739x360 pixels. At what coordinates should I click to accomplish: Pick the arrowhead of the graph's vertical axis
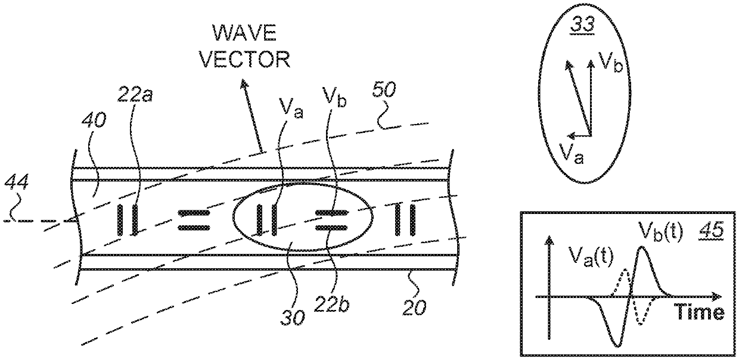pyautogui.click(x=546, y=241)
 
